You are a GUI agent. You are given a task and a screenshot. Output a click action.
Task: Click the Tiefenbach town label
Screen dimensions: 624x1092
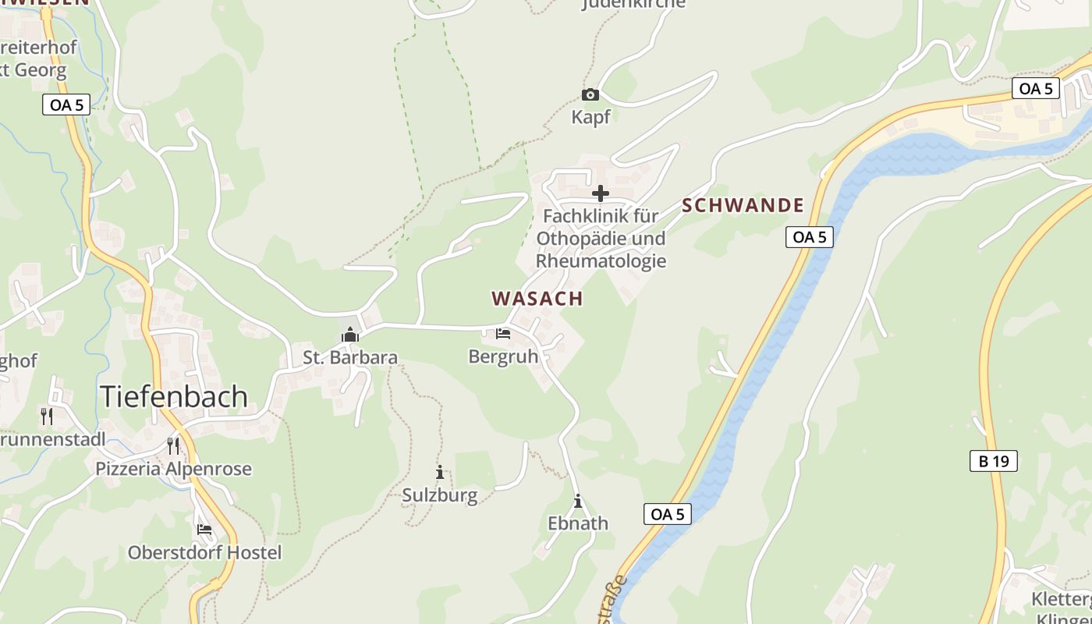(173, 397)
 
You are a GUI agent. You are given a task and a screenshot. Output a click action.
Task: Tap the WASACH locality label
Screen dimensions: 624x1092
(537, 299)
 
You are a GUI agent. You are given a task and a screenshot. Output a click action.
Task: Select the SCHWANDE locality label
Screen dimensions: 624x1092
(743, 205)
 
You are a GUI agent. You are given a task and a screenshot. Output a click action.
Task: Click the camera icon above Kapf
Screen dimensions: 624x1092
(590, 95)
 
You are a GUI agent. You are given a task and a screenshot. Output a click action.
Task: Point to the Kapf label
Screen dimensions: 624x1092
(590, 117)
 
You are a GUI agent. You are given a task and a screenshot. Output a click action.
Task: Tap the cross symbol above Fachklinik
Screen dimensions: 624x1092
(601, 193)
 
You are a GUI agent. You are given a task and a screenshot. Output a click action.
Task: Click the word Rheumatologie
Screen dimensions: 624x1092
(601, 261)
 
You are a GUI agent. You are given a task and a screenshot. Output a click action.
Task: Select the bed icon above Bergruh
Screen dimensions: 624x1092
(503, 334)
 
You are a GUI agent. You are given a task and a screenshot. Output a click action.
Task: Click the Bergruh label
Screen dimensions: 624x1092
(503, 356)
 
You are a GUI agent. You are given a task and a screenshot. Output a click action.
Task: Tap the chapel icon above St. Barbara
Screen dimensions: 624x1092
(350, 335)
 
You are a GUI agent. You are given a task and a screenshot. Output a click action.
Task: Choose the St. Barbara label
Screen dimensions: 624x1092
(350, 358)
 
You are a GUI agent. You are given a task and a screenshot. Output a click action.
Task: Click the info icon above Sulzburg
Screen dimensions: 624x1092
(440, 472)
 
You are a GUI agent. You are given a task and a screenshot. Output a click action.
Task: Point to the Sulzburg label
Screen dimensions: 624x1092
(440, 495)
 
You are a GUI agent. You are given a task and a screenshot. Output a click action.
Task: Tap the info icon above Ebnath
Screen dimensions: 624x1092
(578, 501)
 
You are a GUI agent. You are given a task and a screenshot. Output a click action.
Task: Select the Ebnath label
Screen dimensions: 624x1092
(578, 523)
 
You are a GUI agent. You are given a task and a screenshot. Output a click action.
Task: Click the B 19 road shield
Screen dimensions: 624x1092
(994, 461)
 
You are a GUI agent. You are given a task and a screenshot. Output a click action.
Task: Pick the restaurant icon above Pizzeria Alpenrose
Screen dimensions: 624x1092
(173, 446)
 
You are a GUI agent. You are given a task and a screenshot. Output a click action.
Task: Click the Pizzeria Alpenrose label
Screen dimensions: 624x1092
(173, 469)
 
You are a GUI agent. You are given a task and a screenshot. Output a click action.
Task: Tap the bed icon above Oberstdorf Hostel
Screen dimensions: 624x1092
(204, 529)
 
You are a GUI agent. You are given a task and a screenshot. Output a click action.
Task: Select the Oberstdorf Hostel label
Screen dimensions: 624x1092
(204, 553)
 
